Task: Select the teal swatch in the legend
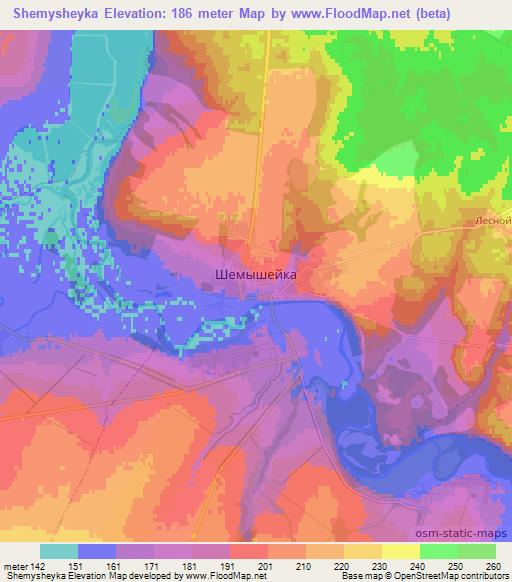coord(59,551)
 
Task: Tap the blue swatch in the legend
coord(97,551)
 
